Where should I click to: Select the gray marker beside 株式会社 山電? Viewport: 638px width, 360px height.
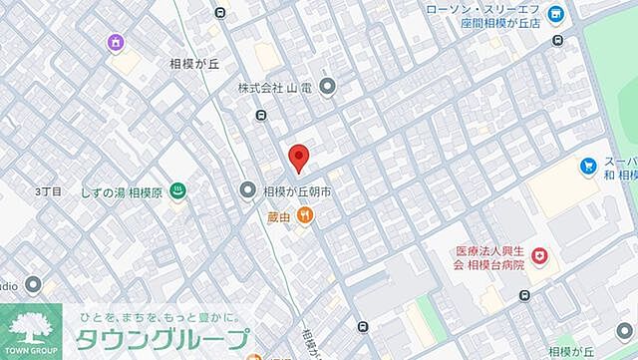[x=329, y=88]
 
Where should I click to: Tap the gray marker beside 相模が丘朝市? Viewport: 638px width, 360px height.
[x=247, y=189]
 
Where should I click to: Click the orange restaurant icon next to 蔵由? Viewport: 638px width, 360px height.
[x=305, y=214]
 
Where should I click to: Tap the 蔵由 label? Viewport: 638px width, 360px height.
[x=279, y=214]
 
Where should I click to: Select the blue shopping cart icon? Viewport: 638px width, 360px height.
[x=588, y=167]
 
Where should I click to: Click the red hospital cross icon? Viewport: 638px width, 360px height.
[x=539, y=256]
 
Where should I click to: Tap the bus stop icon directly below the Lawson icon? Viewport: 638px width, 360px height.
[x=557, y=41]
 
